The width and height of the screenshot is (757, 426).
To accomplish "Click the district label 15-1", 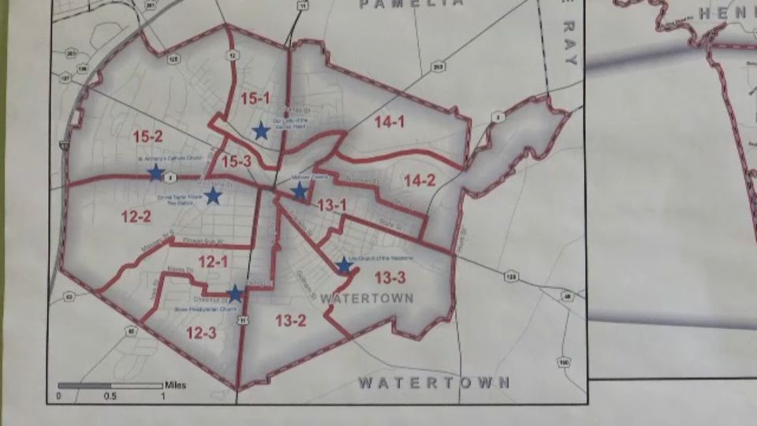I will (x=255, y=99).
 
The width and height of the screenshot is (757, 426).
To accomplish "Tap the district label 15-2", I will (x=147, y=136).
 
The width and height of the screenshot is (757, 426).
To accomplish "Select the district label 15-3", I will (x=236, y=162).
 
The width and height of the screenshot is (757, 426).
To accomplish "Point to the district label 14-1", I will (x=390, y=121).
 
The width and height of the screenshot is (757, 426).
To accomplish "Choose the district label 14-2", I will (x=420, y=180).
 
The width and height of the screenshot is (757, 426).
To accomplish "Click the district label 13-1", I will (x=332, y=206).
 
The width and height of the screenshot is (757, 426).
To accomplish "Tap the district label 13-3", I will (x=390, y=277).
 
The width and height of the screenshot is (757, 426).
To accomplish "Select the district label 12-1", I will (x=212, y=261).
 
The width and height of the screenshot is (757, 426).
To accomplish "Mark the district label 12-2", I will (x=136, y=215).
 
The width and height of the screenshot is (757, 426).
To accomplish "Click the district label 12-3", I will (x=201, y=333).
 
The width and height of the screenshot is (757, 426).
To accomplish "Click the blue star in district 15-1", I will (x=261, y=131).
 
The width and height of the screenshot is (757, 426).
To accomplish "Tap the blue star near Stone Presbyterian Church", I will (x=234, y=294).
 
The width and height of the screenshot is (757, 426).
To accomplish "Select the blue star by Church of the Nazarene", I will (x=343, y=266).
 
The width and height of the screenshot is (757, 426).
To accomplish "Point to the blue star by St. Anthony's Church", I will (x=156, y=173).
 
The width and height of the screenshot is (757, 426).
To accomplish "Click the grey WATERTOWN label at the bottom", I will (x=434, y=383).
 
